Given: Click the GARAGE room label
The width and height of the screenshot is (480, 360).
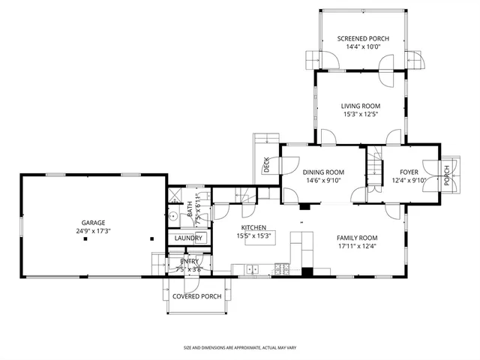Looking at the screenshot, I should point(94,222).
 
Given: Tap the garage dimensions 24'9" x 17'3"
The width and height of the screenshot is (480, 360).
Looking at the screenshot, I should point(94,231).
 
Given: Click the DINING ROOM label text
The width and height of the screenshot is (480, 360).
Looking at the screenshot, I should point(323,172).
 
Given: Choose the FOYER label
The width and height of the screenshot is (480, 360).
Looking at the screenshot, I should point(409,172).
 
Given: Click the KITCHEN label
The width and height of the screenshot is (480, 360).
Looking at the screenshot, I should point(254,227).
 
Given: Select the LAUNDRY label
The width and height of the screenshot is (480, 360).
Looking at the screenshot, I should point(188,238).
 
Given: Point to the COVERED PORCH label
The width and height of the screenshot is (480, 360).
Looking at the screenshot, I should point(196,296).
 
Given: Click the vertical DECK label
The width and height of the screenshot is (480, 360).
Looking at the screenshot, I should point(266,164).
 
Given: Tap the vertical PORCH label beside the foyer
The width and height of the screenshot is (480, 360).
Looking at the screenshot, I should point(447,175).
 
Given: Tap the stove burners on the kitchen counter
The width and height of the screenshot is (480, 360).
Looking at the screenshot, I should point(280,268).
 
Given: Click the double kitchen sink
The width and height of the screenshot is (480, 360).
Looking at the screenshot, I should point(250,268).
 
